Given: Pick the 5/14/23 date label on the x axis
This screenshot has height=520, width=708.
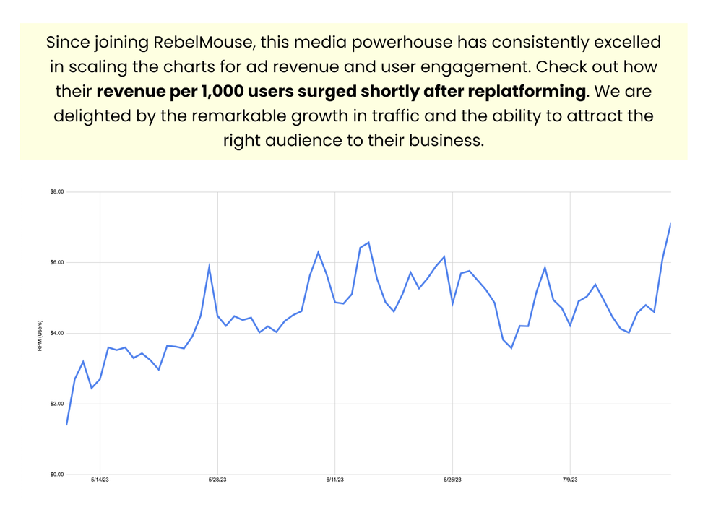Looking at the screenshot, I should (100, 480).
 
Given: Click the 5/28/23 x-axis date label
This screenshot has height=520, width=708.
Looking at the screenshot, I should (217, 480).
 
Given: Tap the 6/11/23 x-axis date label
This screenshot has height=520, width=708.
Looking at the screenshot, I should (335, 480).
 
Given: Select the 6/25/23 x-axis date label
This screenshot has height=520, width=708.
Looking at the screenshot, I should (453, 480).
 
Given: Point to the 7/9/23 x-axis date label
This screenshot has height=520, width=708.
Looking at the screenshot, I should (571, 480).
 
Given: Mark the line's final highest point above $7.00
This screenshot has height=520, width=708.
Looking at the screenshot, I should (670, 224).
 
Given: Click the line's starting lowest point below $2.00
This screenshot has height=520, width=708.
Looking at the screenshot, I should (66, 424).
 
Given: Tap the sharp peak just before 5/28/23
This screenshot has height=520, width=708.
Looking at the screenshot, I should (209, 266).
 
